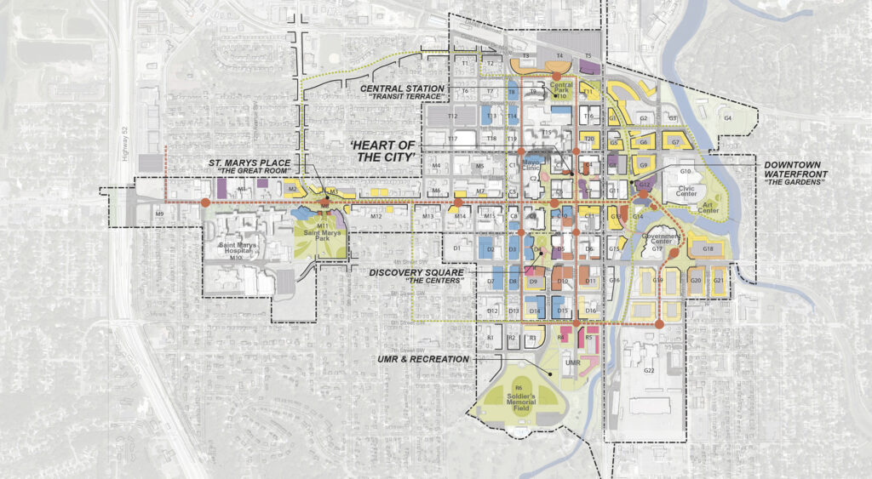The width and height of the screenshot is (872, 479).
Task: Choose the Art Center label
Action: tap(708, 207)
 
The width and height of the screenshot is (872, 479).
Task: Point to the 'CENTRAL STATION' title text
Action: tap(402, 88)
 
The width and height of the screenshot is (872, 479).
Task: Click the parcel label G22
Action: tap(649, 370)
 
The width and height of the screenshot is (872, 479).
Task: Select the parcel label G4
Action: tap(728, 117)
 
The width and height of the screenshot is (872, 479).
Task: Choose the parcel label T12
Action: tap(453, 117)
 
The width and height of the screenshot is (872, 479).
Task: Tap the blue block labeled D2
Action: tap(490, 249)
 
